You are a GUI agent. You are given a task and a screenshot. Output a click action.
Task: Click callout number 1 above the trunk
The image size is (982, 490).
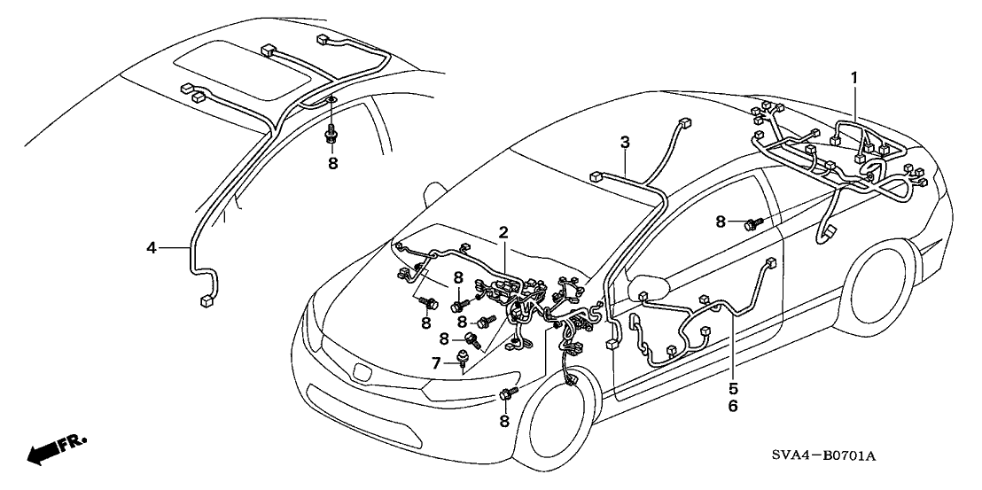(x=853, y=78)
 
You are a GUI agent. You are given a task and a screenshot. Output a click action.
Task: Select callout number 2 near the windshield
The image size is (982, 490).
(x=503, y=233)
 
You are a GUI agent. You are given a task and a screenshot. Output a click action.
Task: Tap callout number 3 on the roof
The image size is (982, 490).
(x=625, y=142)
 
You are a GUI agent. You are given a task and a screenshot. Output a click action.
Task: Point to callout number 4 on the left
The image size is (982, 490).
(x=152, y=249)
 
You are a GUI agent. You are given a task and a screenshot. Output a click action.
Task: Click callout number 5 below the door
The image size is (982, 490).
(x=733, y=387)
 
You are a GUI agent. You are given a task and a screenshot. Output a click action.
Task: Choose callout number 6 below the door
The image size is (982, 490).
(x=733, y=406)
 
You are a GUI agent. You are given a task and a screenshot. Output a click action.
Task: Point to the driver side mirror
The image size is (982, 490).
(x=646, y=290)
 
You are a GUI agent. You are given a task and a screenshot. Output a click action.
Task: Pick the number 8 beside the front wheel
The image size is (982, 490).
(x=503, y=423)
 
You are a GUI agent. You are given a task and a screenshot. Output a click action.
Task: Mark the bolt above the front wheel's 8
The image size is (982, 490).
(x=509, y=393)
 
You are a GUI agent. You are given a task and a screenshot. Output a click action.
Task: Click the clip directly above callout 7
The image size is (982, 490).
(x=463, y=358)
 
